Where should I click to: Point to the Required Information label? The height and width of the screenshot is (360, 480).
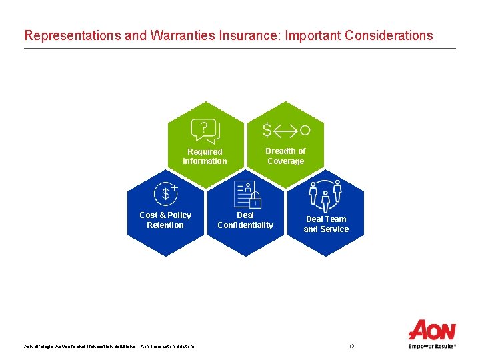coord(205,156)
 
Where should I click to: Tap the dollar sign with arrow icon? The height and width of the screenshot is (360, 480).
coord(285,129)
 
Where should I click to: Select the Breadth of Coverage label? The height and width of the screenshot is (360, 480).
coord(285,156)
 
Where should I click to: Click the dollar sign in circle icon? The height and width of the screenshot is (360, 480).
coord(165,193)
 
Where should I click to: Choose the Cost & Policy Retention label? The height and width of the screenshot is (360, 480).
coord(165,220)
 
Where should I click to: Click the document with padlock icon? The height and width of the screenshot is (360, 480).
coord(247,195)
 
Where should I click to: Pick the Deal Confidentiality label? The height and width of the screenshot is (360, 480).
coord(245,220)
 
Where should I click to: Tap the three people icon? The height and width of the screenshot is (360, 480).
coord(326,194)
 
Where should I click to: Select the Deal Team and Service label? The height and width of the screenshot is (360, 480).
coord(326,224)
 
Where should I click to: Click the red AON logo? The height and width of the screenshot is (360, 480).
coord(432,330)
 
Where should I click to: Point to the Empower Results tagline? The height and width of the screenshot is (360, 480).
coord(432,346)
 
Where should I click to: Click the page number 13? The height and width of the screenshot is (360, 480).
coord(351,346)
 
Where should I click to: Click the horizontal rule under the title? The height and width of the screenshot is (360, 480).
coord(240,48)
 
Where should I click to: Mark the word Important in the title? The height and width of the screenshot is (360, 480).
coord(312,35)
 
